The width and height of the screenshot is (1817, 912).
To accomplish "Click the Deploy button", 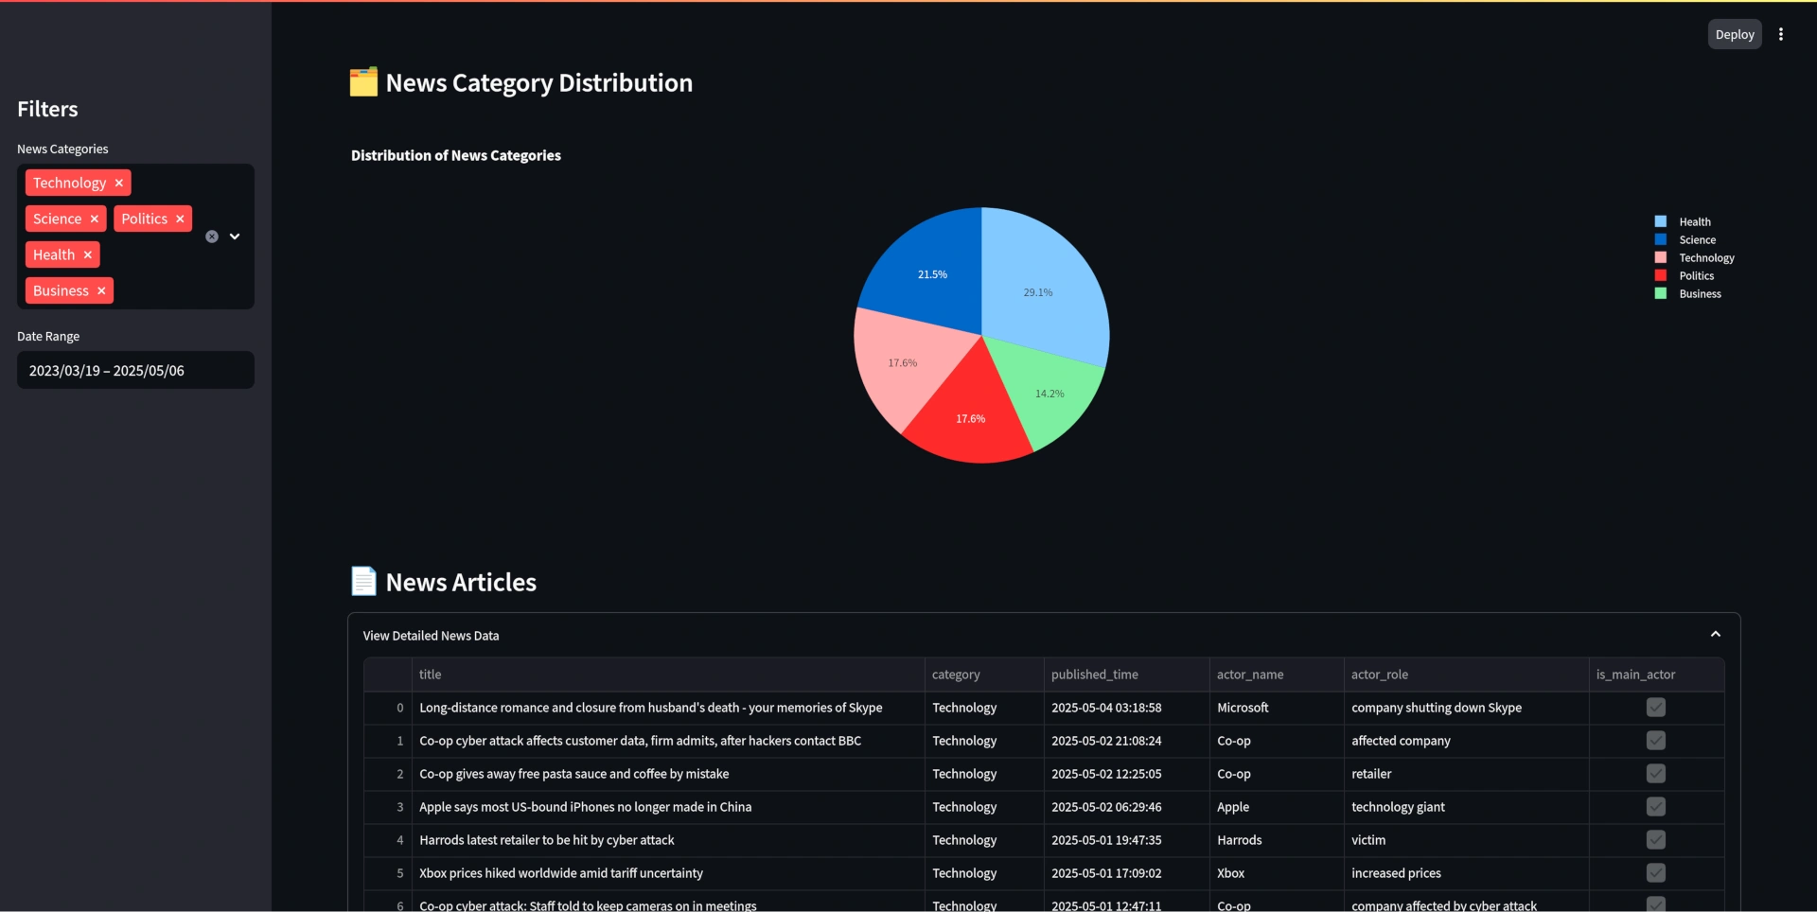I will [1734, 34].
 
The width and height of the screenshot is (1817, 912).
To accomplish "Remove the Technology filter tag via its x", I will [118, 183].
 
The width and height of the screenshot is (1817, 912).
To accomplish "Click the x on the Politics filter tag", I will [180, 219].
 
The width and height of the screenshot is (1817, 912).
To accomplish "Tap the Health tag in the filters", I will [54, 254].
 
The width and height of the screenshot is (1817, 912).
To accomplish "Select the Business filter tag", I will [61, 290].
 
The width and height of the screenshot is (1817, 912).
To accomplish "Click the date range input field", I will [135, 370].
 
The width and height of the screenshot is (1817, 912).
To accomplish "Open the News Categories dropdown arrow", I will [235, 237].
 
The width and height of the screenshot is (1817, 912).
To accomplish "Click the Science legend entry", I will [1697, 240].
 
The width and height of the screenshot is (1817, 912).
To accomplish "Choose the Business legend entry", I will [1700, 294].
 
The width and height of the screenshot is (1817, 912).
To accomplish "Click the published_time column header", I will [1095, 675].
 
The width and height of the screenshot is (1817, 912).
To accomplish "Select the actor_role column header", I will [1380, 675].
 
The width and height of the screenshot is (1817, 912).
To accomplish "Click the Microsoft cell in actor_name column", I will [1243, 708].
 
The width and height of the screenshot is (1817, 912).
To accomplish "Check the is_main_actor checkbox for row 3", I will [1655, 807].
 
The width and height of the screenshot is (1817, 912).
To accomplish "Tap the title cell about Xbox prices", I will [561, 873].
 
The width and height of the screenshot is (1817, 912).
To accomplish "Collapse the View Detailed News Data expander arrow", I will [1715, 635].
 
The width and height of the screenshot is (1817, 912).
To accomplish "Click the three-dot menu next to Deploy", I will [1781, 34].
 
